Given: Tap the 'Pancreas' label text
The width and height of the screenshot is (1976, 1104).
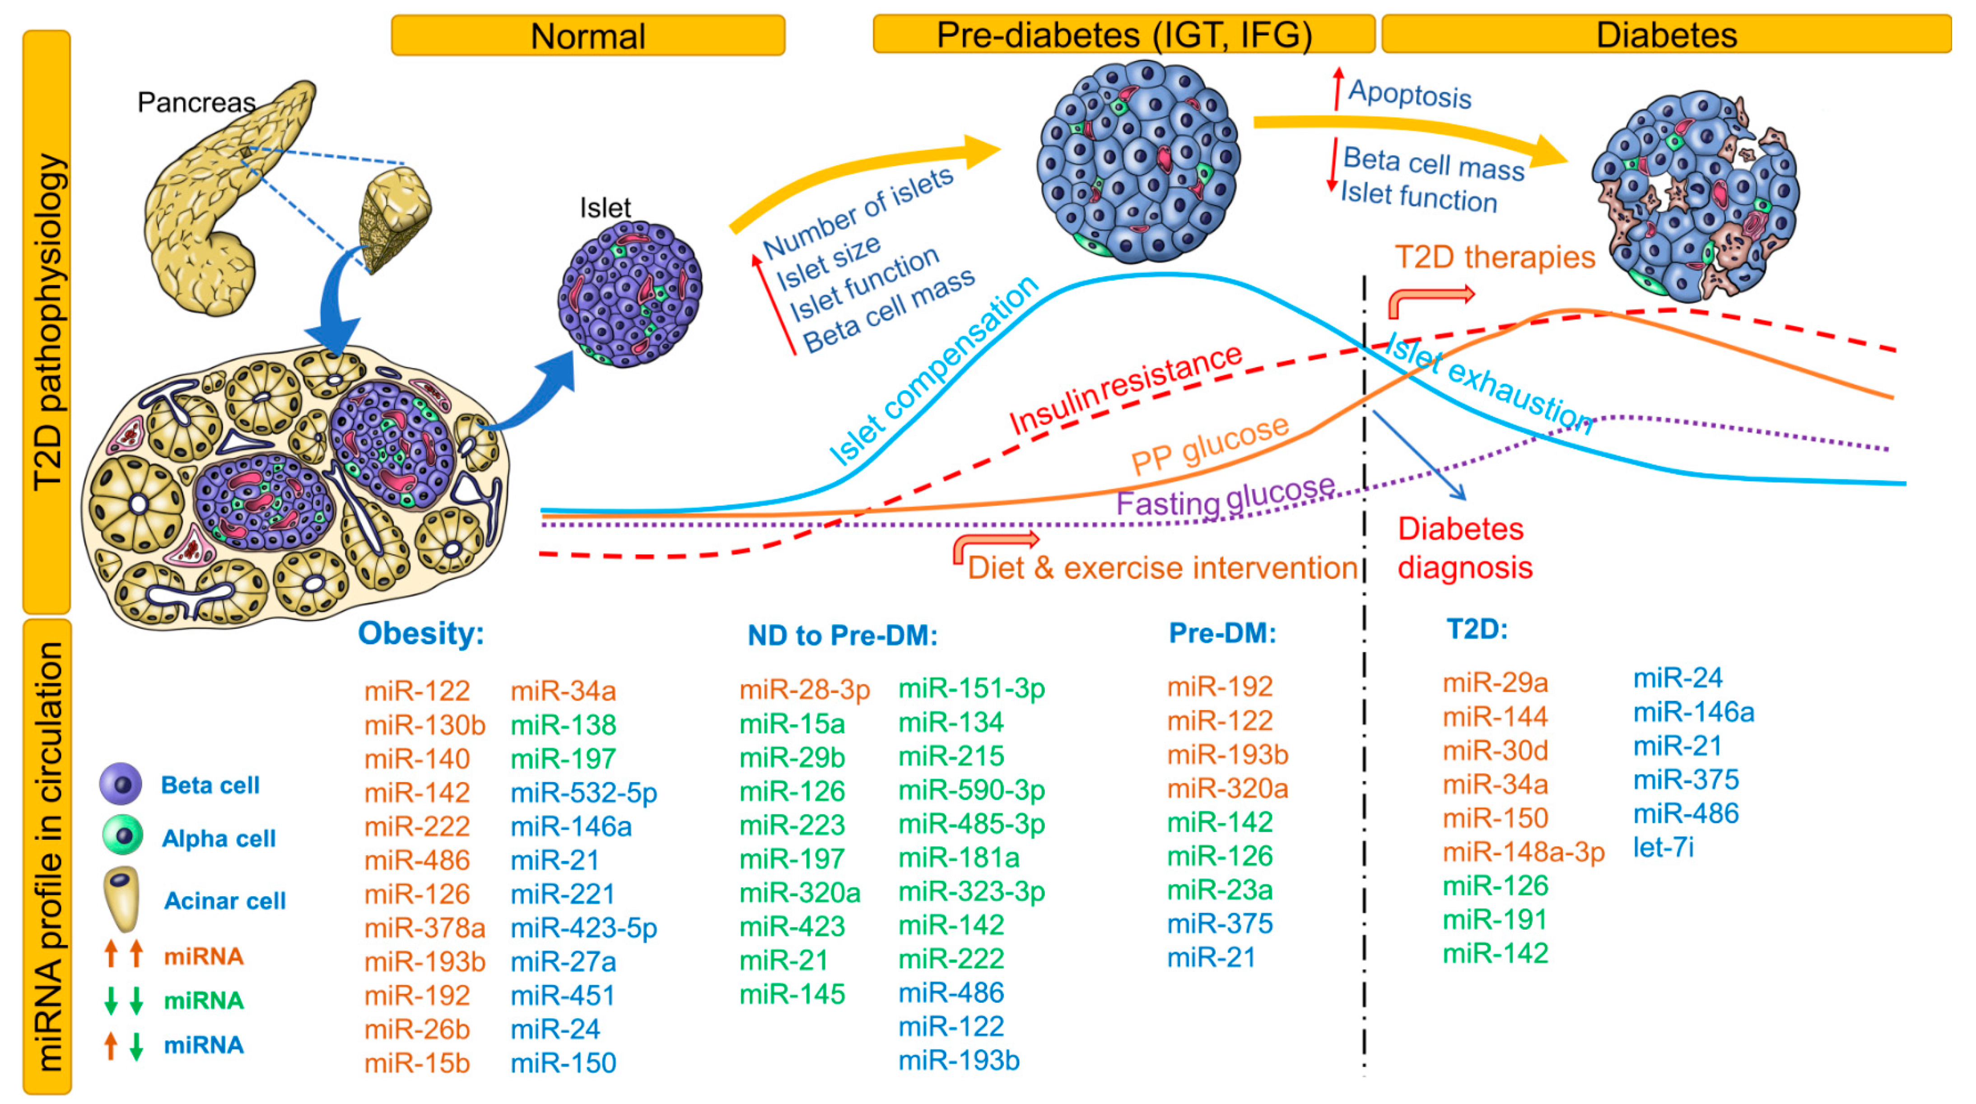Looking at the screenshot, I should [196, 102].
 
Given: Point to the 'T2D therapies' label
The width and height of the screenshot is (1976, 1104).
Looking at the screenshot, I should [1494, 257].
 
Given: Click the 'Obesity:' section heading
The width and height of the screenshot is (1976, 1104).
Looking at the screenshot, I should [421, 634].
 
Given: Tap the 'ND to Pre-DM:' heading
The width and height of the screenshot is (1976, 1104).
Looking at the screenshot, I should [842, 635].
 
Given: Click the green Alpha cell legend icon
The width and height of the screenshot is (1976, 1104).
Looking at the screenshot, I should [123, 836].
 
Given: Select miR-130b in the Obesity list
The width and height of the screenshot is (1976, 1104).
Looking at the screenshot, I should [424, 725].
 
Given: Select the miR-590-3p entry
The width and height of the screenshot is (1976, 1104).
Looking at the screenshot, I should [971, 790].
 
